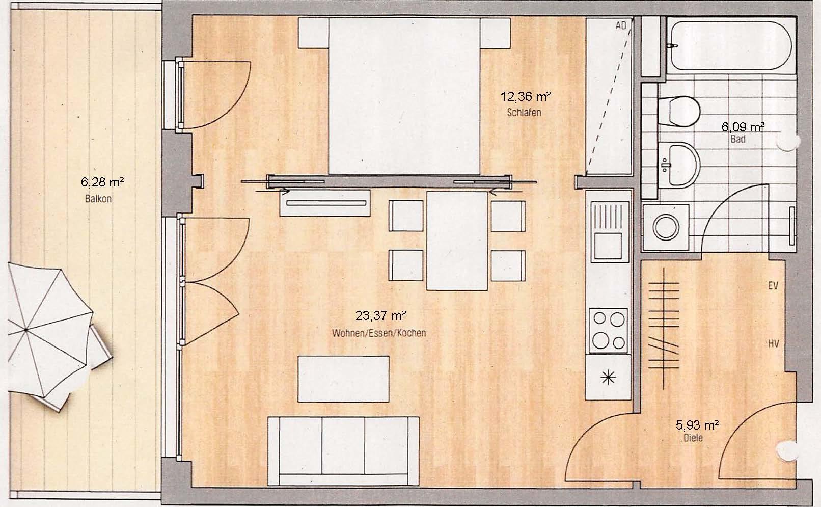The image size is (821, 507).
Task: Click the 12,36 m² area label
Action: [526, 97]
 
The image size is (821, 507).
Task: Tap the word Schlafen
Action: [524, 113]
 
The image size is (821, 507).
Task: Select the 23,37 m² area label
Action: [380, 315]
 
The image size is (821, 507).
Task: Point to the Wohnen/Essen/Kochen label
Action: [379, 333]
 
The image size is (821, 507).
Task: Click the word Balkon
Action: [98, 199]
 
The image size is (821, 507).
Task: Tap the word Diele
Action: [694, 438]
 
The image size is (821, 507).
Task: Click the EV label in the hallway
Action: [773, 285]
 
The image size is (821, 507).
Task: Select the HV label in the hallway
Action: [773, 343]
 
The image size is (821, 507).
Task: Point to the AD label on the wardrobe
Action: [621, 25]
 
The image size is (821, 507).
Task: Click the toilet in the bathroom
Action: [679, 112]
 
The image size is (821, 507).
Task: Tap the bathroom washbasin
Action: [679, 165]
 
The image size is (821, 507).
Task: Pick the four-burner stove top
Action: [609, 331]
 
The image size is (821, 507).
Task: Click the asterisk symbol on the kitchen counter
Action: [608, 378]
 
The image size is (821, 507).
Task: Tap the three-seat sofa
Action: [343, 450]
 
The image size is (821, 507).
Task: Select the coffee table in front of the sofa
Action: [343, 379]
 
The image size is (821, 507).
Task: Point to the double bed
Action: [404, 96]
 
